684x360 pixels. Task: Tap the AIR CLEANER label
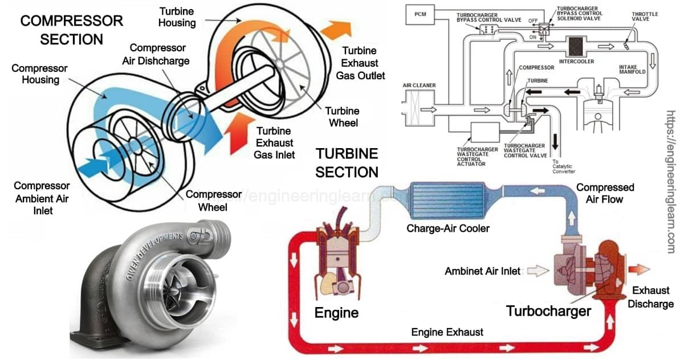point(420,85)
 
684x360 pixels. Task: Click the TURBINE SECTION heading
point(347,162)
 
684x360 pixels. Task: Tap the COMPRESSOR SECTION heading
point(71,30)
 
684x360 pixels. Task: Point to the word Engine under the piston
point(336,312)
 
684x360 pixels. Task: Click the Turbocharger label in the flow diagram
point(548,311)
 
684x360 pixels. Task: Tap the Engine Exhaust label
point(447,332)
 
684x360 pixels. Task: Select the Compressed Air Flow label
point(605,193)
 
